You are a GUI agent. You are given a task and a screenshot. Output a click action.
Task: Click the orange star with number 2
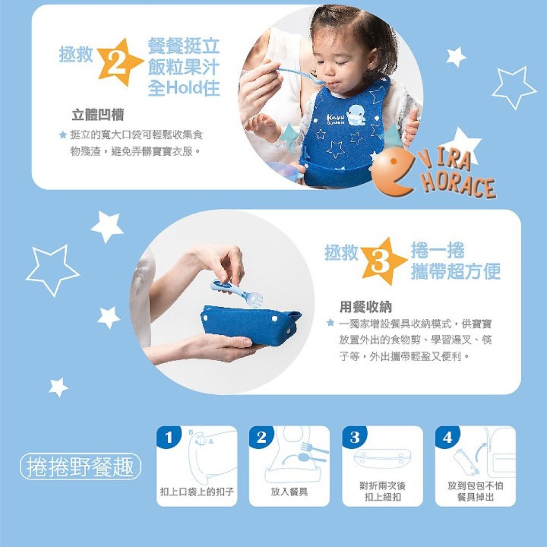point(118,63)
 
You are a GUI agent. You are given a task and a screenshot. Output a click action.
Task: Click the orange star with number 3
point(382,261)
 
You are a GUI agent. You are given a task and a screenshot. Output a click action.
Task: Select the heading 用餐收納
point(365,307)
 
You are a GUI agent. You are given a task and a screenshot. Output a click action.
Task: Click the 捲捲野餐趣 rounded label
point(81,466)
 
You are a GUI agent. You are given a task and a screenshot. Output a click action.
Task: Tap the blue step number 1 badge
point(169,437)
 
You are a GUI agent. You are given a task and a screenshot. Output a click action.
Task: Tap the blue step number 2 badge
point(261,437)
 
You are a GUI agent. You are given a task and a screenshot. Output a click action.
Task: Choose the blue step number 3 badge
point(355,437)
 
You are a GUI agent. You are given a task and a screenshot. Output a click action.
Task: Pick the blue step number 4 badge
point(447,437)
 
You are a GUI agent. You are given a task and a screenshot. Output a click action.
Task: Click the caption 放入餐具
point(289,492)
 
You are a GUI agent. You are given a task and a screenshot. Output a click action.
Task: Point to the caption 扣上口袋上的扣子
point(197,492)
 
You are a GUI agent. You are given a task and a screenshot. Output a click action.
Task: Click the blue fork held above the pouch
point(237,292)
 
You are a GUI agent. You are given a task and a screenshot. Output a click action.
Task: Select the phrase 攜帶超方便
point(456,271)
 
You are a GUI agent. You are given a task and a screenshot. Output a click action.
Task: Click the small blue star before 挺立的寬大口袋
point(63,134)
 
